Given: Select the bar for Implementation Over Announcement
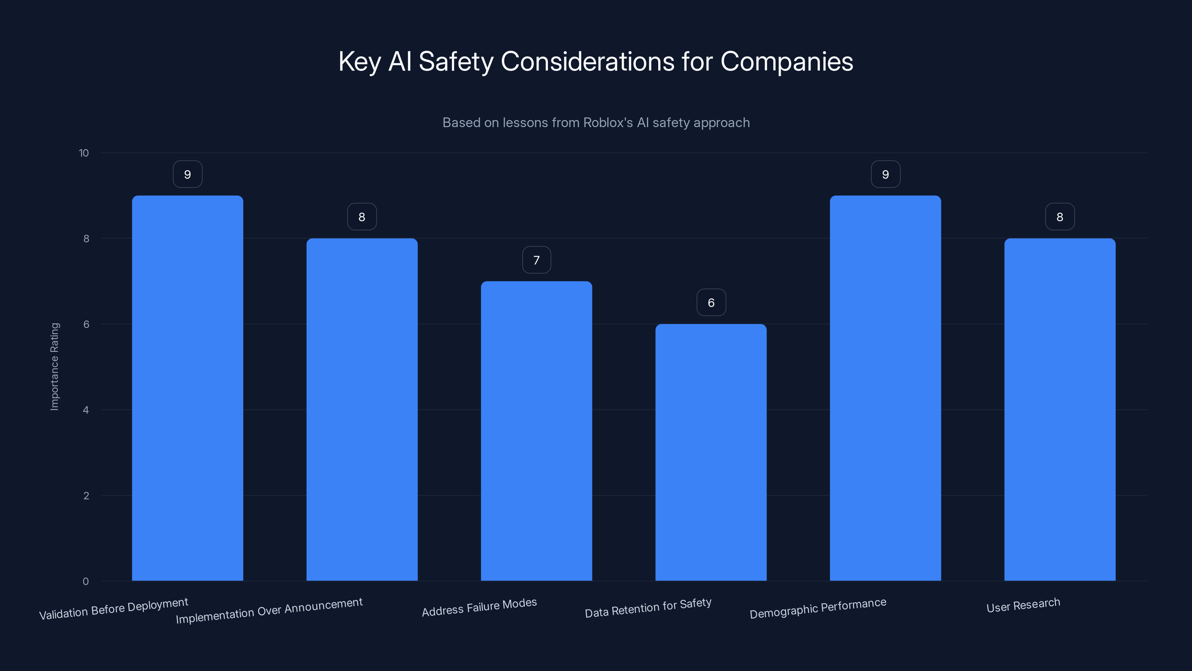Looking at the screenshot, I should [x=362, y=409].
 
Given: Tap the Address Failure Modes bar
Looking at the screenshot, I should [x=536, y=431].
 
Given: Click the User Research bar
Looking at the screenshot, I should [x=1060, y=409].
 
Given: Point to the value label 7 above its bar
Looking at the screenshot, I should [x=536, y=260].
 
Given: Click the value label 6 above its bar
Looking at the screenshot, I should [x=711, y=302].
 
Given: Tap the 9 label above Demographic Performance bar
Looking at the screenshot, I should [x=885, y=174].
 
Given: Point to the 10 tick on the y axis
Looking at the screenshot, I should [x=84, y=153].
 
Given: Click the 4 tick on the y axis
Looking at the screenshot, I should [x=86, y=410].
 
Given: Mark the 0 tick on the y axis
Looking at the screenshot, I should [x=86, y=581].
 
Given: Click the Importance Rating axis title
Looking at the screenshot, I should [x=55, y=366].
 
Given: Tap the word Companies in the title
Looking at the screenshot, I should [x=786, y=62].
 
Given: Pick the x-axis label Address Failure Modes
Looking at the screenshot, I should [x=479, y=607].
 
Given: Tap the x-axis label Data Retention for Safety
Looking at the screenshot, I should [x=648, y=608].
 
